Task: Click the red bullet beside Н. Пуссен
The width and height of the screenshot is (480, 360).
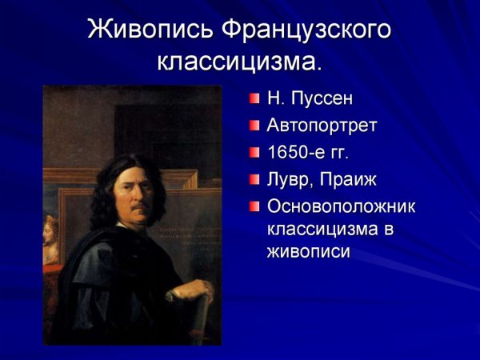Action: [254, 99]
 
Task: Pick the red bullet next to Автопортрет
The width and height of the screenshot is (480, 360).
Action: [254, 126]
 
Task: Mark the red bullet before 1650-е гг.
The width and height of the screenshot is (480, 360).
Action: [254, 152]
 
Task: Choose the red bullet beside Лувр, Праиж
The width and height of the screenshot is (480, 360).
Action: [254, 178]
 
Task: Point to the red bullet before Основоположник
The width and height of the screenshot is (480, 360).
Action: [254, 206]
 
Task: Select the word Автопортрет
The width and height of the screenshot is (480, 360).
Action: [322, 126]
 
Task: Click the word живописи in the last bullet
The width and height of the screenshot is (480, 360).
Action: [309, 250]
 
